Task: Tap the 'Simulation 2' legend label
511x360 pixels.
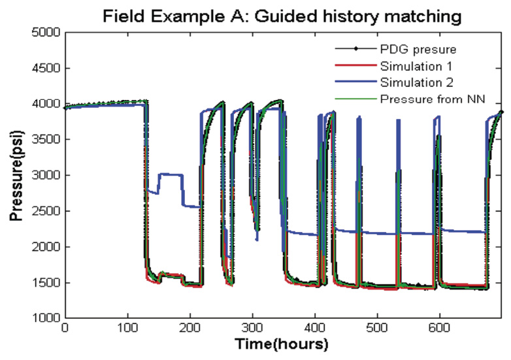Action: [411, 82]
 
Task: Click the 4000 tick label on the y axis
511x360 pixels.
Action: [44, 104]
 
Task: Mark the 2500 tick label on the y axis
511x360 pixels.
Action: [44, 211]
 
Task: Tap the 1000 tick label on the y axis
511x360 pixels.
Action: [44, 319]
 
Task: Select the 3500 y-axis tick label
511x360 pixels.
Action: [44, 140]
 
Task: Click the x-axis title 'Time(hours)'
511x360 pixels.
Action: [282, 344]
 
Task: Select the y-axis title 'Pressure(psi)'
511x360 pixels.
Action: [14, 175]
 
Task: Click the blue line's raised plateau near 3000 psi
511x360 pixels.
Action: [170, 174]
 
